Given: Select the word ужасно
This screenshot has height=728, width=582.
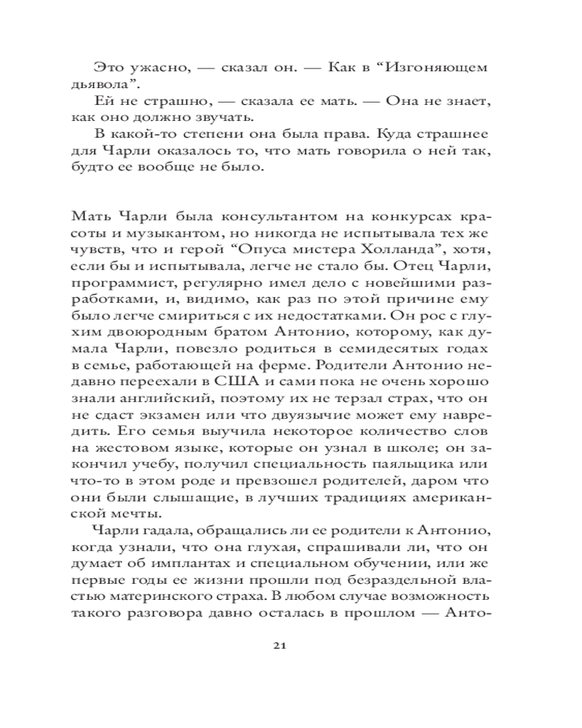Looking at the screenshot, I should click(x=147, y=68).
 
